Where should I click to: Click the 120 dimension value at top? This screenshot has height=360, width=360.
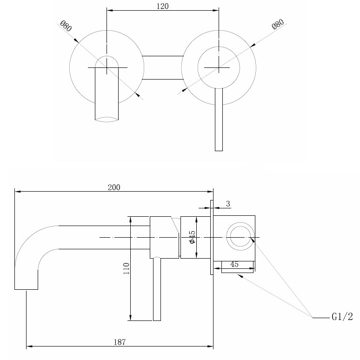tap(162, 6)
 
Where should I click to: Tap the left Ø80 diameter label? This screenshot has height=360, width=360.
tap(66, 26)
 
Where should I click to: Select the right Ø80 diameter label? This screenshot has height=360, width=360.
tap(278, 24)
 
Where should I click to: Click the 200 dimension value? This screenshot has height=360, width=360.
tap(114, 187)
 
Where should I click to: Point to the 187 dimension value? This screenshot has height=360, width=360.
tap(120, 342)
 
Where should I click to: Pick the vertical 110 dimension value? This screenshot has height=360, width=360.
tap(126, 268)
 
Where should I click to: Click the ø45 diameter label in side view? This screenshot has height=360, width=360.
tap(192, 237)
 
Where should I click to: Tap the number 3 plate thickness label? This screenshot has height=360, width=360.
tap(228, 204)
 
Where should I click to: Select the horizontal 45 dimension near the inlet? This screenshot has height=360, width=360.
tap(234, 264)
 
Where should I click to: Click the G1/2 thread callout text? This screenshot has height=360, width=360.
tap(342, 317)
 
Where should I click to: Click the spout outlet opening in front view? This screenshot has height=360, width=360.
tap(107, 120)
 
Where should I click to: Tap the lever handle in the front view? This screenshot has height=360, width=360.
tap(219, 120)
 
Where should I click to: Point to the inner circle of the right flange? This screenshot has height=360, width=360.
tap(219, 47)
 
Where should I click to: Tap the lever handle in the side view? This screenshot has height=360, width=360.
tap(157, 289)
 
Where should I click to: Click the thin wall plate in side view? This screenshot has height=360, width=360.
tap(212, 237)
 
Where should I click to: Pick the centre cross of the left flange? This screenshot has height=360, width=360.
tap(107, 67)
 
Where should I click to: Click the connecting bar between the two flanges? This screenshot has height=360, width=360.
tap(163, 67)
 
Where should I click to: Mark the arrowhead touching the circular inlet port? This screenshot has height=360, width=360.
tap(253, 240)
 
